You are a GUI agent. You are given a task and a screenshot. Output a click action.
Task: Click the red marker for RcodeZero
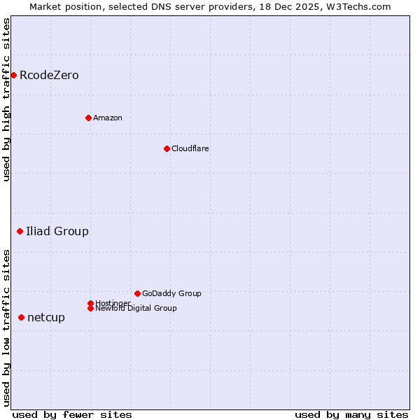13,75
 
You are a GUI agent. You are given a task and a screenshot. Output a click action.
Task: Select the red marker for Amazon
88,118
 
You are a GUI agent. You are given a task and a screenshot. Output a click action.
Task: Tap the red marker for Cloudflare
167,148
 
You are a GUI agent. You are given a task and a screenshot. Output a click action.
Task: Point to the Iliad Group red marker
20,231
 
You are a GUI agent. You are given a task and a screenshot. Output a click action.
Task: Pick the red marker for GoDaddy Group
137,293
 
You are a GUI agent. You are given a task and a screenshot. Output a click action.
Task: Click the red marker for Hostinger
90,303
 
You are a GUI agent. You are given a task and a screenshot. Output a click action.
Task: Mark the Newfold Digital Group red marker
90,308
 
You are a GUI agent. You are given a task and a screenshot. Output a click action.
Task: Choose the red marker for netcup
21,317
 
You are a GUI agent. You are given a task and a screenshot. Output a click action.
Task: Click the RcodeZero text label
49,75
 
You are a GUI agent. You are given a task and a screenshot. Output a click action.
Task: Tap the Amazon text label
107,118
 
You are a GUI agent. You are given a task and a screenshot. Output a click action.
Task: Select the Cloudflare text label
190,148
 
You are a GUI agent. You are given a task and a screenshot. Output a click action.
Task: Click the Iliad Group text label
57,231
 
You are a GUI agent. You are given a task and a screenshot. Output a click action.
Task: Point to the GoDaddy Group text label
171,293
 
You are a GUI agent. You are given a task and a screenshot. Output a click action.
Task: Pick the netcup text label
46,317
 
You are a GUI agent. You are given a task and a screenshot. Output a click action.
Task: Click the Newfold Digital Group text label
136,308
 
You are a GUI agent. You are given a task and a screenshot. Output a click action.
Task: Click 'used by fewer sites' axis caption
72,414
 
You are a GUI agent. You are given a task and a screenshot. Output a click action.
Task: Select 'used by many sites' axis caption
351,414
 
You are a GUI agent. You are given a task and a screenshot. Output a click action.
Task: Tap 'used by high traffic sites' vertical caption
6,99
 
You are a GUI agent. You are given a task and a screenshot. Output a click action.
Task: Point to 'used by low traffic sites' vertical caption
6,328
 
